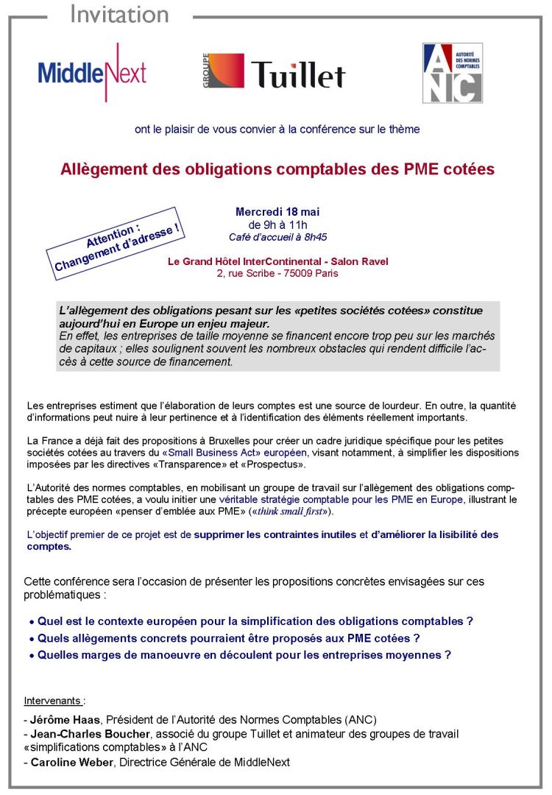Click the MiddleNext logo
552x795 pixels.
click(92, 72)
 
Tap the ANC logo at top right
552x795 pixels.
click(452, 73)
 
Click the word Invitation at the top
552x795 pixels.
click(119, 14)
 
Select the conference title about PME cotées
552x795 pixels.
click(277, 169)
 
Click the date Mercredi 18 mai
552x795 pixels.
click(277, 212)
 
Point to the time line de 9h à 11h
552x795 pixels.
click(277, 225)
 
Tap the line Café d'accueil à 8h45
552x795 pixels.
click(277, 237)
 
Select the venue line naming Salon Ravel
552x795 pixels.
click(277, 261)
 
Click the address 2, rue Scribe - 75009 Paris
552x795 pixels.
click(277, 273)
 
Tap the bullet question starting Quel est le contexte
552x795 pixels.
click(255, 621)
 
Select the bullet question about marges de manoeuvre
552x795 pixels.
click(244, 654)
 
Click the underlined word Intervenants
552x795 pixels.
click(53, 700)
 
